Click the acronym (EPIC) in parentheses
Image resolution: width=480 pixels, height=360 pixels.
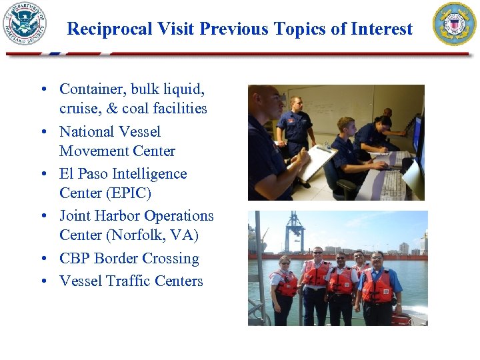[x=126, y=193]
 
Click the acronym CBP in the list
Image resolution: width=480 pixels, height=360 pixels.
[x=75, y=259]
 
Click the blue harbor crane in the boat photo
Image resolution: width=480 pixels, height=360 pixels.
[x=294, y=230]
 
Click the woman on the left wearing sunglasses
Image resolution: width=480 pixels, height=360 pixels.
[x=284, y=287]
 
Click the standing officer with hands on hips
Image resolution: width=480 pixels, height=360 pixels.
[x=295, y=130]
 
